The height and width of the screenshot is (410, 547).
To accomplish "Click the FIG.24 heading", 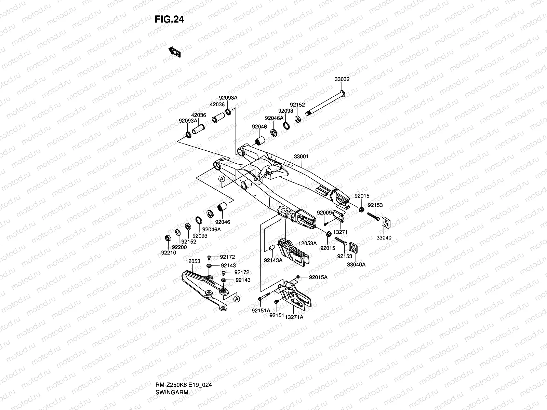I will (x=169, y=19).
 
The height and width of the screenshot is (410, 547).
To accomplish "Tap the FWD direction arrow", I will (x=174, y=52).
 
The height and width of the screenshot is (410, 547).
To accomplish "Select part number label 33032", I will (x=342, y=79).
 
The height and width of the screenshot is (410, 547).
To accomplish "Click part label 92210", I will (x=169, y=253).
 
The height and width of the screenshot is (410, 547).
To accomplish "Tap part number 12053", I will (x=193, y=261).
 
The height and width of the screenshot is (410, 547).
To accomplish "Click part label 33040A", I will (x=356, y=264).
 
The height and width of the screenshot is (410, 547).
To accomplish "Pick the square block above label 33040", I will (x=386, y=223).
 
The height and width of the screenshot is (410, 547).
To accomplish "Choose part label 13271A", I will (x=294, y=317).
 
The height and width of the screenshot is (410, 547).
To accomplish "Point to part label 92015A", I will (x=318, y=277).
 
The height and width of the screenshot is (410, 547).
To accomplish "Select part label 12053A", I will (x=308, y=243).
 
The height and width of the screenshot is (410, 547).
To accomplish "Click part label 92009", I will (x=324, y=213).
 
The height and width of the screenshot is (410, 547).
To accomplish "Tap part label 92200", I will (x=179, y=247).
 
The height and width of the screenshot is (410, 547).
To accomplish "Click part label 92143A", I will (x=273, y=260).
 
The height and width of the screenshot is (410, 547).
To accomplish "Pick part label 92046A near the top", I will (x=274, y=118).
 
